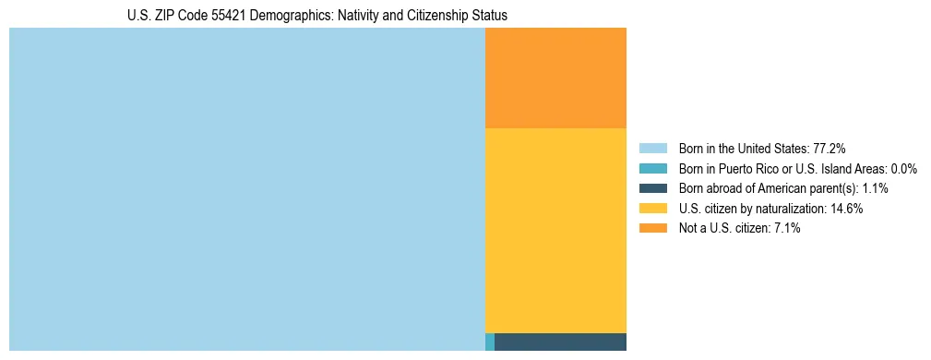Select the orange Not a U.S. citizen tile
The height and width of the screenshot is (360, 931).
click(x=555, y=78)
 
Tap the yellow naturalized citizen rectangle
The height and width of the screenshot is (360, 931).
click(x=555, y=230)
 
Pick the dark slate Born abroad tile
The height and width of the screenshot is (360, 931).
click(x=560, y=342)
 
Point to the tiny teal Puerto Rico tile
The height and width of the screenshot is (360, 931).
click(x=490, y=342)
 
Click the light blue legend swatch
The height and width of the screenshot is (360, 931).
click(x=652, y=149)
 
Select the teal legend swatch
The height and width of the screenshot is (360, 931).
click(x=652, y=169)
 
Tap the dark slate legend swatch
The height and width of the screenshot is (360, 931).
click(x=652, y=188)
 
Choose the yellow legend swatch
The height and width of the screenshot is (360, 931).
click(x=652, y=209)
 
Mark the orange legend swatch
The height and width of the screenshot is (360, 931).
click(x=652, y=228)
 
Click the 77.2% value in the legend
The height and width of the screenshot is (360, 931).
click(x=830, y=149)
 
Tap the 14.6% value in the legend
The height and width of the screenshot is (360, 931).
click(x=846, y=209)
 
